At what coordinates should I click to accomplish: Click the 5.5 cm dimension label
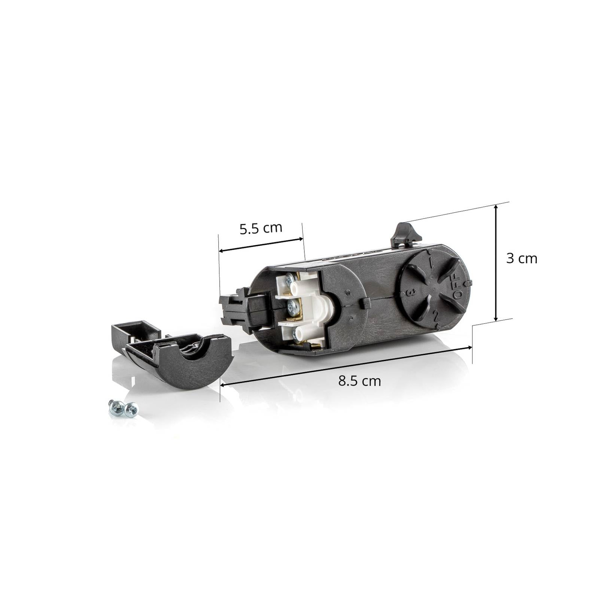(x=261, y=228)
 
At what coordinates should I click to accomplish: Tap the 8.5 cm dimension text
(x=359, y=381)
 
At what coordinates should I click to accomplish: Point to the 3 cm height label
(x=522, y=258)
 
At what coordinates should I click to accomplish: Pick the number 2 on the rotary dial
(x=435, y=315)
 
